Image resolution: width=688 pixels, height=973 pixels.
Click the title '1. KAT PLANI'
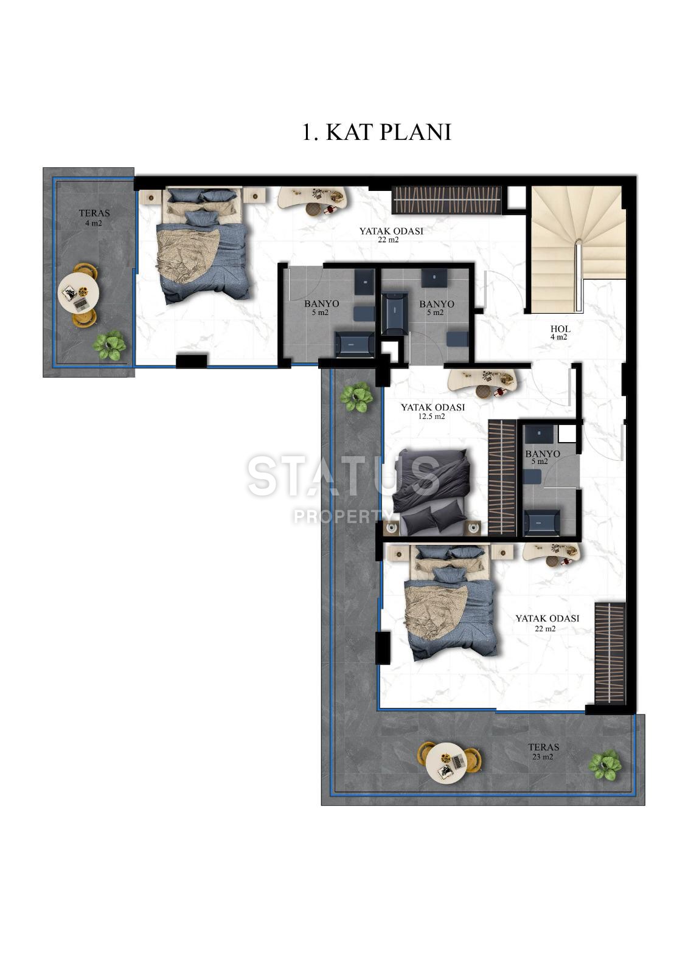pos(377,132)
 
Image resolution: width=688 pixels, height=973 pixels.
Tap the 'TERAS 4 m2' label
pos(94,218)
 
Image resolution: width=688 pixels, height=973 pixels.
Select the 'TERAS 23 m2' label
pos(543,752)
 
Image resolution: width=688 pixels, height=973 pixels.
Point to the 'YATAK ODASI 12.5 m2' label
pos(432,412)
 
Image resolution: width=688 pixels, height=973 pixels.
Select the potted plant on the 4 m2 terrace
pos(110,345)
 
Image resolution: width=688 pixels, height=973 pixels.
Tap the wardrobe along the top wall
pos(447,200)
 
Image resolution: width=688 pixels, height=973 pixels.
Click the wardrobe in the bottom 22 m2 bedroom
pos(610,653)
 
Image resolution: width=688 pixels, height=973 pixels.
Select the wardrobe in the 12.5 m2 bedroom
pos(502,477)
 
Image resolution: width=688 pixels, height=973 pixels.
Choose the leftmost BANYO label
pos(321,308)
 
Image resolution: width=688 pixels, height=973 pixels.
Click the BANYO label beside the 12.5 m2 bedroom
pos(542,457)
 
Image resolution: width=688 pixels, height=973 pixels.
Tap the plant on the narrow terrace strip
pos(356,396)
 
